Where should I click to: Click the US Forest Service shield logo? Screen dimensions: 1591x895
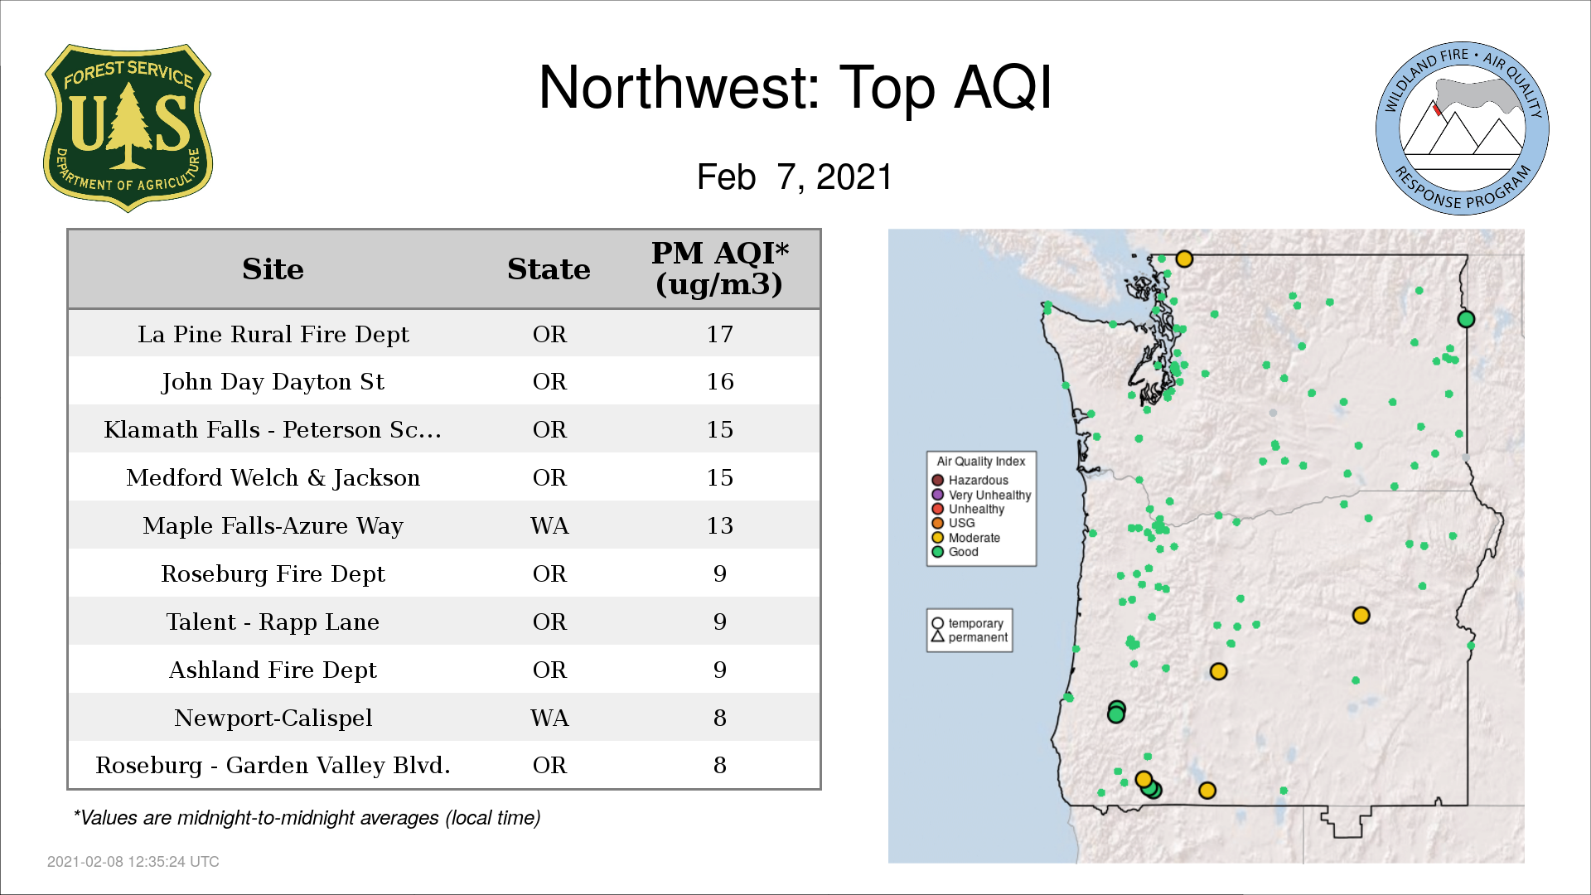pos(128,128)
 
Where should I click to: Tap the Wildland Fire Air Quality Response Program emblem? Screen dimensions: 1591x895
pos(1463,128)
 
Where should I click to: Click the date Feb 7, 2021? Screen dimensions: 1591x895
pos(795,177)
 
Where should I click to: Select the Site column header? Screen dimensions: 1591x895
pos(273,269)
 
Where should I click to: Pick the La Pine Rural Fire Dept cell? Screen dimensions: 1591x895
pos(273,334)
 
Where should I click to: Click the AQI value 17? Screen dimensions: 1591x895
pos(719,334)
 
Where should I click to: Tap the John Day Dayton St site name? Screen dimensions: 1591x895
pos(273,382)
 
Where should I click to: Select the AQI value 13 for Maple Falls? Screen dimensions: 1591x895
pos(719,525)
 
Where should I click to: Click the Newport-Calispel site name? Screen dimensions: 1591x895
pos(273,718)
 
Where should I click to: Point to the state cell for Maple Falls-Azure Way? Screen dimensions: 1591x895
pos(549,525)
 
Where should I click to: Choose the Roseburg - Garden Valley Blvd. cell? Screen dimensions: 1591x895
pos(273,765)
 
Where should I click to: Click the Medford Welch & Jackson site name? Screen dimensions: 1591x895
pos(273,478)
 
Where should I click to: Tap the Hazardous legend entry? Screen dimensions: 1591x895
pos(970,480)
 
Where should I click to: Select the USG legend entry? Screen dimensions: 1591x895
pos(953,523)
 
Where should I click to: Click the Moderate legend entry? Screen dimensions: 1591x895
pos(965,538)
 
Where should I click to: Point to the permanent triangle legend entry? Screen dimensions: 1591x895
pos(970,637)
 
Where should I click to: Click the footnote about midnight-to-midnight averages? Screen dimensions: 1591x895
pos(307,818)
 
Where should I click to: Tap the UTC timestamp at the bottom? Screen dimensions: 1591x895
pos(133,862)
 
